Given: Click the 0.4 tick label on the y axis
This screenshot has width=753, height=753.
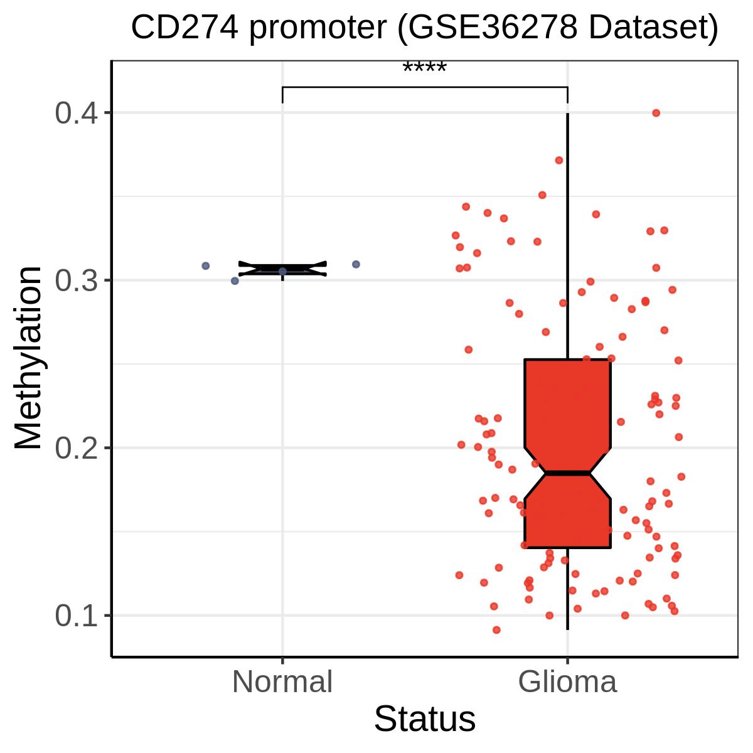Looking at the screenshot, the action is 76,114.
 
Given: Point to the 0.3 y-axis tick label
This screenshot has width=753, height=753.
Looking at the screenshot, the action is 76,280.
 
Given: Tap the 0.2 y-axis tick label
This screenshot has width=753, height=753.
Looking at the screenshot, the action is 76,448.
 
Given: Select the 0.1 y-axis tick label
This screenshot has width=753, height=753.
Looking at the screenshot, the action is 76,616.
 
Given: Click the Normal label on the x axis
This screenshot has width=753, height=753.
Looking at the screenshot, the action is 282,682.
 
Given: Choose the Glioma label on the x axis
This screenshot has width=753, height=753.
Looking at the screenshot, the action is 567,682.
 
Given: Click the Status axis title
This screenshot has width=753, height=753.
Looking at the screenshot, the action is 425,719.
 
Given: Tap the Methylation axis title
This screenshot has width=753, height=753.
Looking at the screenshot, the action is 28,358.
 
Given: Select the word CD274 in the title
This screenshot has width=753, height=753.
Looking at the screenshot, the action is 184,28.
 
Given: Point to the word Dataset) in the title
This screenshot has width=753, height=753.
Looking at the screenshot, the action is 653,28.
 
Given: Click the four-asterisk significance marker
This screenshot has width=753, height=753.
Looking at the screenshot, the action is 424,67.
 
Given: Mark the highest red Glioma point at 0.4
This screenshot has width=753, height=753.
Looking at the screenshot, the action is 656,113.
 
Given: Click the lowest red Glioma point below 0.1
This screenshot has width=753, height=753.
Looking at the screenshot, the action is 496,630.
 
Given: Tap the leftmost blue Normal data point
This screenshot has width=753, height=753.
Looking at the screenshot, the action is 206,265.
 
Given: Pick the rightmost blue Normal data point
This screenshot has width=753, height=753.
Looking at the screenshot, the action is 356,265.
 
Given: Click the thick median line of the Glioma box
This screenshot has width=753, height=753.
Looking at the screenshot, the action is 567,473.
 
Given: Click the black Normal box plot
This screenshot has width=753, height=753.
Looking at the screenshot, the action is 282,269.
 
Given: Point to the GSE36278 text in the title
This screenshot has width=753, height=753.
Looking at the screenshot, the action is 488,28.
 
